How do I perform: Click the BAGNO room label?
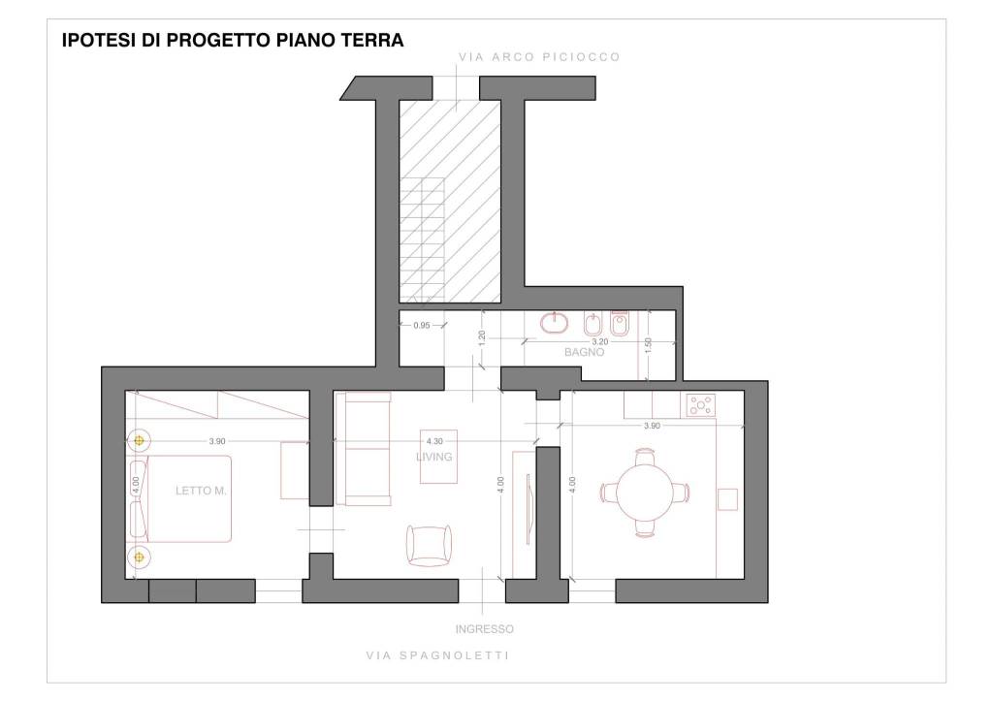(584, 352)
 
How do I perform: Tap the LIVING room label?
(433, 457)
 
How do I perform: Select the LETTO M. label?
(201, 491)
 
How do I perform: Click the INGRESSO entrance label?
(485, 629)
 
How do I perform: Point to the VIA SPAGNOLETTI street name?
(437, 655)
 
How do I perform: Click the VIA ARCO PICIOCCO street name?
(539, 57)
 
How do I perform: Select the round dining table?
(645, 492)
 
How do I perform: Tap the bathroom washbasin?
(555, 322)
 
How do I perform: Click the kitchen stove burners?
(701, 405)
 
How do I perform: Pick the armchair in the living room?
(430, 545)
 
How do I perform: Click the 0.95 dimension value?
(421, 326)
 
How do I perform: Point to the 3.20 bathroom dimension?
(599, 341)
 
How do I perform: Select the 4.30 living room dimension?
(434, 441)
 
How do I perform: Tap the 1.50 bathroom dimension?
(647, 345)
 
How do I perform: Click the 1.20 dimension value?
(482, 338)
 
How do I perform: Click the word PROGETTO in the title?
(219, 40)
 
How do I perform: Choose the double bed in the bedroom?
(179, 498)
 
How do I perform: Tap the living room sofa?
(363, 449)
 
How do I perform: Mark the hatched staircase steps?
(423, 239)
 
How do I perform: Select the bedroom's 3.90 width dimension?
(217, 441)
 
